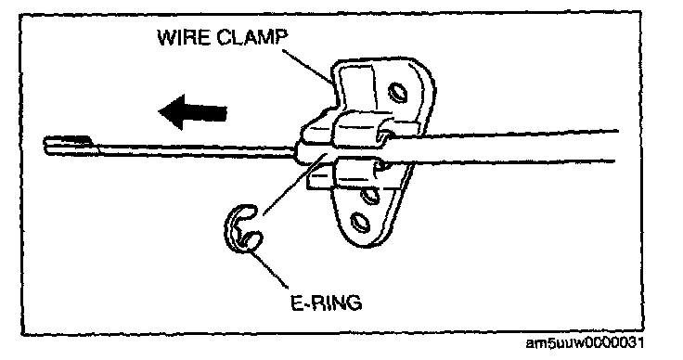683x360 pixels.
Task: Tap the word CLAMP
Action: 252,37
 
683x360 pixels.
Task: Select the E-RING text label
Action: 327,302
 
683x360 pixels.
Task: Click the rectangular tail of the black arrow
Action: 206,113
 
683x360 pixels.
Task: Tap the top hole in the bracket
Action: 397,92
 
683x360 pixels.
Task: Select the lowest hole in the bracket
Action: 361,223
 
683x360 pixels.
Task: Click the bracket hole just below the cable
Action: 369,195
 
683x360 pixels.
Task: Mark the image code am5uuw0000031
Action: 585,343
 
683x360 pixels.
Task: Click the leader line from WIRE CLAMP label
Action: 308,65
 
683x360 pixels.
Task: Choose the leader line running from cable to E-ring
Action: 294,184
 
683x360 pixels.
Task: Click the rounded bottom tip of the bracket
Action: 362,244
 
